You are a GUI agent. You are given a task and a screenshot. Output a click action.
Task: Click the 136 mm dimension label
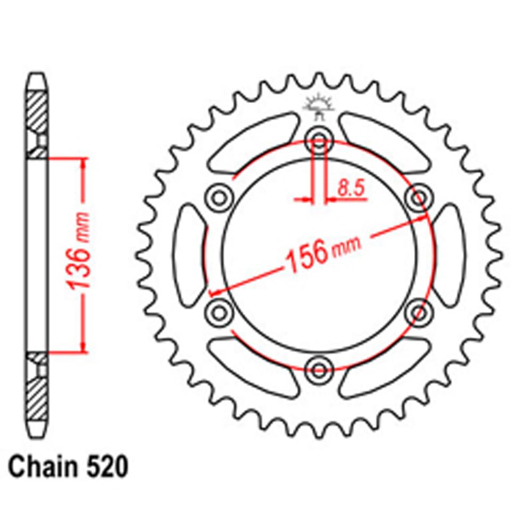click(x=80, y=255)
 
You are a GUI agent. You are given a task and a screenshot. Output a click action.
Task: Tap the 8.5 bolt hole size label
click(x=349, y=187)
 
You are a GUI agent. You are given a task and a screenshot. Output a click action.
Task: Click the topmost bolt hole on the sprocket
click(x=319, y=142)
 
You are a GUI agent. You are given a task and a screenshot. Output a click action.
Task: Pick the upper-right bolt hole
click(x=418, y=198)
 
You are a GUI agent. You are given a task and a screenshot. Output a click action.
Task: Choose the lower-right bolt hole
click(x=418, y=311)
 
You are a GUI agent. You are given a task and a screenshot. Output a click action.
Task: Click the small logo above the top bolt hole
click(x=318, y=107)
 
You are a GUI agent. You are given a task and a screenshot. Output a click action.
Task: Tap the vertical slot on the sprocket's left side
click(x=189, y=255)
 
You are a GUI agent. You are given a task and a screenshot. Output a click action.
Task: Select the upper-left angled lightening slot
click(x=252, y=144)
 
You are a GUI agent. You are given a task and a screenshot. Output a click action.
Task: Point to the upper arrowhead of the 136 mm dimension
click(x=83, y=162)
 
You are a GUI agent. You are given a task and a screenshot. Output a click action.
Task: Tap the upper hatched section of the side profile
click(x=37, y=112)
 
